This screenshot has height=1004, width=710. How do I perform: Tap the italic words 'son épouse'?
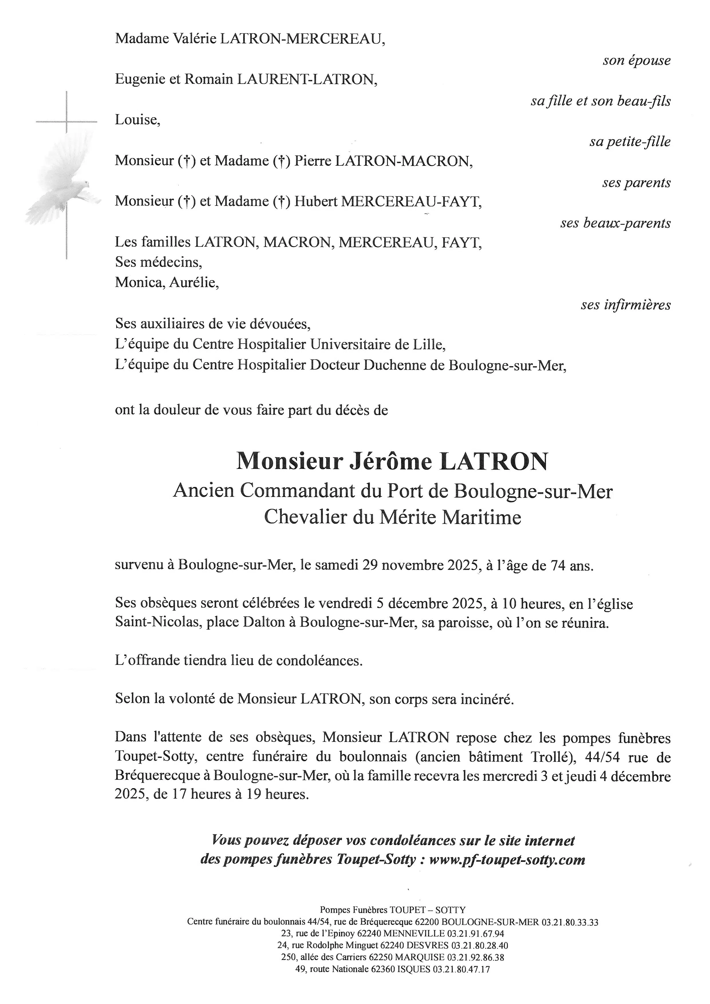[x=636, y=60]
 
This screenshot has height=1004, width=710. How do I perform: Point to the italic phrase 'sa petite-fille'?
[x=630, y=142]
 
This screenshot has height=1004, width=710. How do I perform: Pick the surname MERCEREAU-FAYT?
[x=410, y=202]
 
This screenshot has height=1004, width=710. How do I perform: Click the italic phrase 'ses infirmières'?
[x=625, y=305]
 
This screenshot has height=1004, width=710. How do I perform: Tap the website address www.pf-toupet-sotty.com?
[x=507, y=860]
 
